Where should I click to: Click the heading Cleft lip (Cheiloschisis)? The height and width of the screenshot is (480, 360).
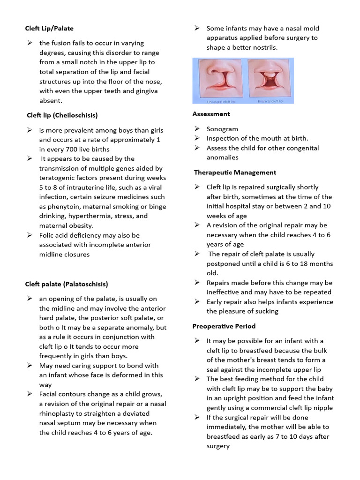[x=62, y=115]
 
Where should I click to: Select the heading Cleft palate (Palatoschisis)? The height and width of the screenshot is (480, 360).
[x=67, y=284]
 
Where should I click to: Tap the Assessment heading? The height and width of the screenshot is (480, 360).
[x=211, y=114]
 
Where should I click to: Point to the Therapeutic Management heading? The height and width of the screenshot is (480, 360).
[x=235, y=172]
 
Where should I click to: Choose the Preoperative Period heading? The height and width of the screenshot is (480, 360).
[x=224, y=326]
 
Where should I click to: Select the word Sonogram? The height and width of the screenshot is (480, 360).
[x=222, y=129]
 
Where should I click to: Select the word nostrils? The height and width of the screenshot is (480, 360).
[x=264, y=47]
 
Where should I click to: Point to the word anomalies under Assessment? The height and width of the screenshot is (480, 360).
[x=223, y=157]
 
